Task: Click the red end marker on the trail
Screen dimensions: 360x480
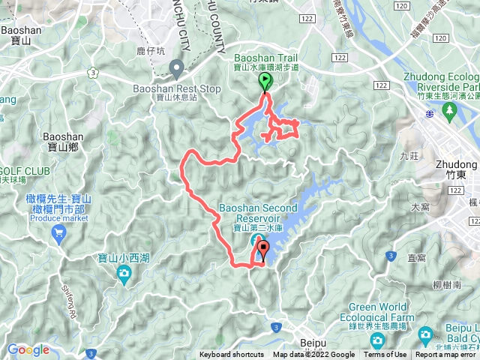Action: [262, 249]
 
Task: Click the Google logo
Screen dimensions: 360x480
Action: [28, 349]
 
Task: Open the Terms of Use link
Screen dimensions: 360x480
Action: [385, 355]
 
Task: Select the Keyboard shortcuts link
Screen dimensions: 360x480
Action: [231, 355]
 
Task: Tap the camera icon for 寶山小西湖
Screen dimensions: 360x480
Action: [124, 275]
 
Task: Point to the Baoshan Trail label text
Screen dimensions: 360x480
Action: [266, 57]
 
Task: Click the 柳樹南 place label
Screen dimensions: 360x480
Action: [446, 286]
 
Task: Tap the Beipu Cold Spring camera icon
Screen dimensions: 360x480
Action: [425, 334]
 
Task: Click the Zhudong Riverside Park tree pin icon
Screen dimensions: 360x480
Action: [450, 112]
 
